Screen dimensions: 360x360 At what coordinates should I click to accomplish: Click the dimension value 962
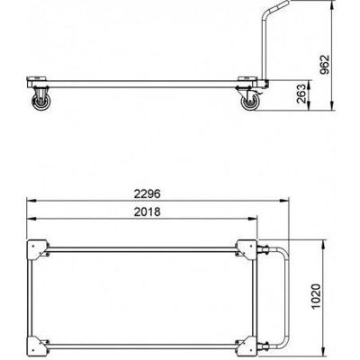[325, 64]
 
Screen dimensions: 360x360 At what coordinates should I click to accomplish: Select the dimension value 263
[302, 94]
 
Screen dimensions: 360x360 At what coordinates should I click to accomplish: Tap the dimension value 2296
[147, 194]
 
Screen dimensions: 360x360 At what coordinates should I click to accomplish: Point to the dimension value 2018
[147, 212]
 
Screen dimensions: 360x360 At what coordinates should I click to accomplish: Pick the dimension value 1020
[317, 297]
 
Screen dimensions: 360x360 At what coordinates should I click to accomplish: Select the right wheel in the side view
[249, 103]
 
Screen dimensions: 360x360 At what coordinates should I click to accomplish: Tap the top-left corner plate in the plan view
[37, 249]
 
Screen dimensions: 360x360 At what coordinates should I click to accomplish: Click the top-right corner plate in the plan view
[247, 249]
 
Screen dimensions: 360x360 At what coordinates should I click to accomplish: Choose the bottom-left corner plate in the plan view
[37, 346]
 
